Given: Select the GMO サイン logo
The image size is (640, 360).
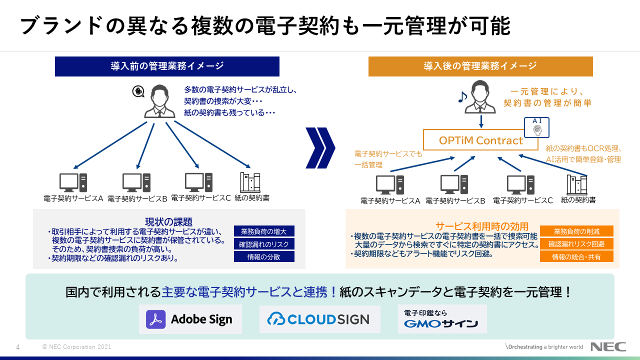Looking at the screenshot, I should (442, 319).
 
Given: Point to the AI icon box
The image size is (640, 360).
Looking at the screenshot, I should (536, 127).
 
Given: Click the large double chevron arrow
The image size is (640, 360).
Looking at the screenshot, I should (320, 148).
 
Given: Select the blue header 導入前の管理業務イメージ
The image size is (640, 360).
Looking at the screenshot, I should (167, 66).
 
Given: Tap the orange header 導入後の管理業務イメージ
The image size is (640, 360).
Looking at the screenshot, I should (480, 66).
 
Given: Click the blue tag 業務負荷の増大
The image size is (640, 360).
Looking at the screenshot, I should (264, 231).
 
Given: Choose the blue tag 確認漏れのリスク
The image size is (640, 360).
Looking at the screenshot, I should (264, 244).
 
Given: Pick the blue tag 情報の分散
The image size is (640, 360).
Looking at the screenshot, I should (264, 256).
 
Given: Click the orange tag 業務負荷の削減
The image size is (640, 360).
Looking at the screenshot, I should (576, 231).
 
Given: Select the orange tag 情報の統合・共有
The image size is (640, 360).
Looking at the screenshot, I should (576, 257).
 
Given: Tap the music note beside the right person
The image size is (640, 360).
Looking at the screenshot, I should (463, 96).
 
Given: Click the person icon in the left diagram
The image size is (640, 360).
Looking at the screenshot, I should (160, 101).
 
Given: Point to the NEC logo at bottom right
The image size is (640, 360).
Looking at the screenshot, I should (608, 347).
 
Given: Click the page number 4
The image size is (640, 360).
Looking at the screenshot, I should (18, 347).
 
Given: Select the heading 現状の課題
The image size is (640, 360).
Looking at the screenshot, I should (168, 222).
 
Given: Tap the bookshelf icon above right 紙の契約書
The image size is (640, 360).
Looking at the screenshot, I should (577, 185).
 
